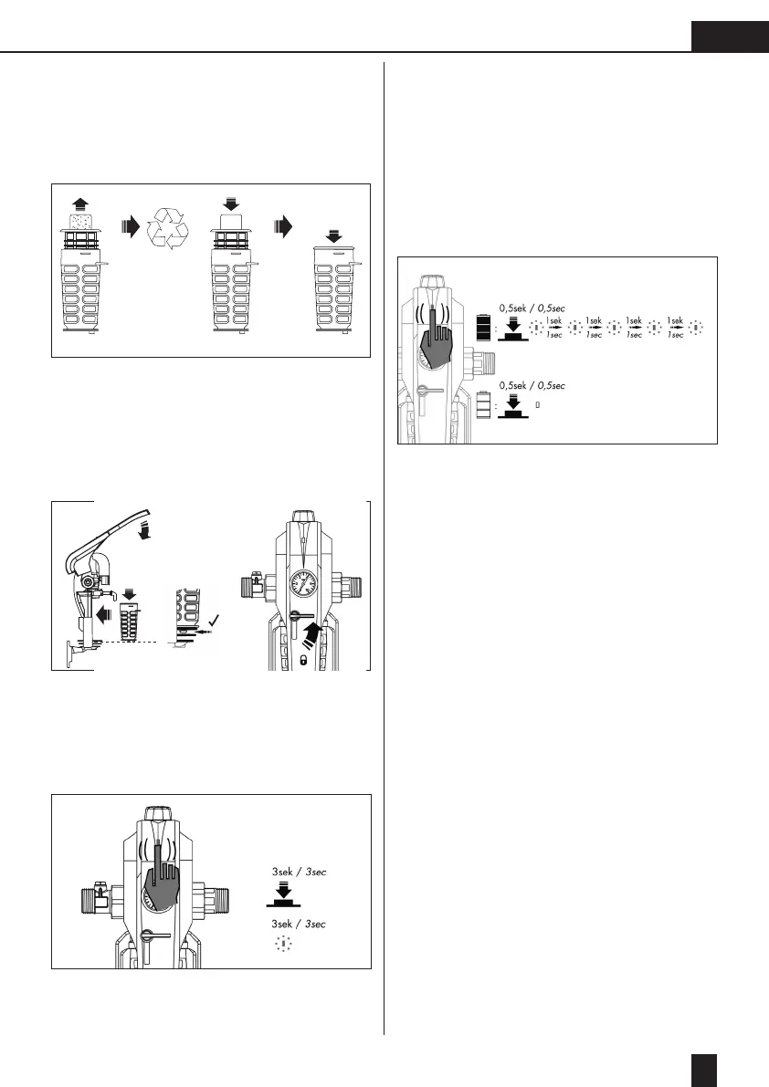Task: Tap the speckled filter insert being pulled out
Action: pyautogui.click(x=81, y=221)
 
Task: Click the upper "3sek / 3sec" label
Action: pyautogui.click(x=299, y=873)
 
